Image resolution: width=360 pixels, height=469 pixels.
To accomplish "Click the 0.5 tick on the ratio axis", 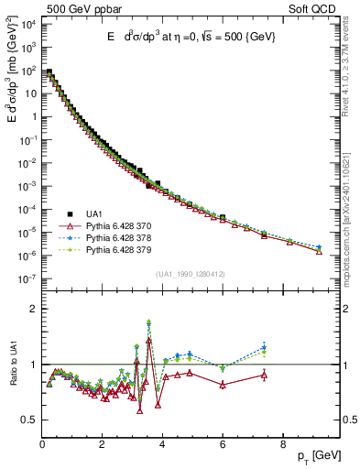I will point(28,420).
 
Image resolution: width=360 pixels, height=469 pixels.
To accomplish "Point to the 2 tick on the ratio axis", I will point(32,309).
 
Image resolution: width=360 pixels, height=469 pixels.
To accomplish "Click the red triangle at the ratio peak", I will point(148,340).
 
